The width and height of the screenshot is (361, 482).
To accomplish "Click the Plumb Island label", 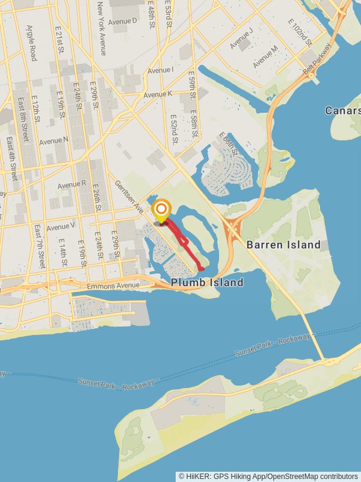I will pos(207,283).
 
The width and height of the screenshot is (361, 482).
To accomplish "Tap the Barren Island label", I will pos(283,245).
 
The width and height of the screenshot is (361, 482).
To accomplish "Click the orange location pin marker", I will pos(161,210).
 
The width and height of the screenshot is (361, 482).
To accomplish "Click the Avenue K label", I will pos(158,95).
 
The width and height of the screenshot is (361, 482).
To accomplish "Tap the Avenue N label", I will pos(54,141).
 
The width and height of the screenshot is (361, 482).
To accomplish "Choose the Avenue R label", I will pos(72,183).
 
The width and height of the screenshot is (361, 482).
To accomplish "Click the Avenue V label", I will pos(60,227).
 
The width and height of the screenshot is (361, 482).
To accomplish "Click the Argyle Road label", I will pos(31,43).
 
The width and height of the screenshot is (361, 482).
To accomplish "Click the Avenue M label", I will pos(265,56).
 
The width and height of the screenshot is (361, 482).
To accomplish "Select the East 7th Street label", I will pos(40,246).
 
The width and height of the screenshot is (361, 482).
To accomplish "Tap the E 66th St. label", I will pos(229,145).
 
